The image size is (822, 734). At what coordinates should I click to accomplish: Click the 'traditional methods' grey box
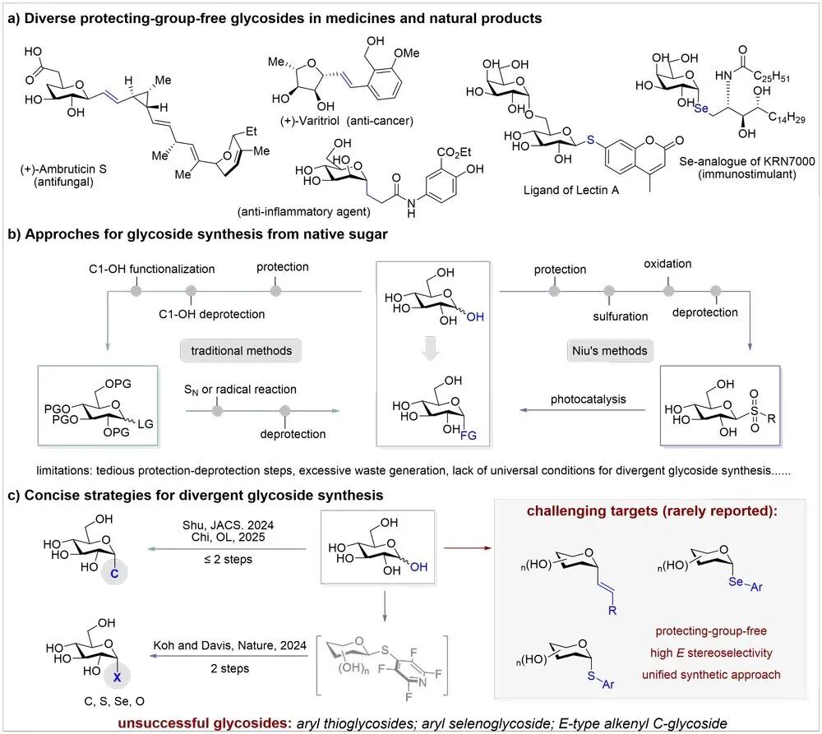[x=241, y=351]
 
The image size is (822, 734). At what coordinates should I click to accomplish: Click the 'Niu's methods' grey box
[x=610, y=351]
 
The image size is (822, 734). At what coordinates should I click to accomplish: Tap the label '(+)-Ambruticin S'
[x=63, y=169]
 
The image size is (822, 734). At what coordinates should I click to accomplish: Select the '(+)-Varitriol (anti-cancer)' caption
[x=347, y=121]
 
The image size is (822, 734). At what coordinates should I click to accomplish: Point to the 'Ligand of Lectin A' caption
[x=571, y=191]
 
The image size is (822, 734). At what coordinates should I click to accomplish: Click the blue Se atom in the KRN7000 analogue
[x=701, y=108]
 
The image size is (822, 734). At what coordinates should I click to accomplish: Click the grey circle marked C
[x=114, y=573]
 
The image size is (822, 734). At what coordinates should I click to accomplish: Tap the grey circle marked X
[x=117, y=676]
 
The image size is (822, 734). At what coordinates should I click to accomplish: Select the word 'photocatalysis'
[x=589, y=399]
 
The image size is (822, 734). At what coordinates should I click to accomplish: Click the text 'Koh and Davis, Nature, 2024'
[x=229, y=645]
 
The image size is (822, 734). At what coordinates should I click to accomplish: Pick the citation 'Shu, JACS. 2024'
[x=228, y=524]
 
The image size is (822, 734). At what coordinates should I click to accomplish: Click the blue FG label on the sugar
[x=469, y=435]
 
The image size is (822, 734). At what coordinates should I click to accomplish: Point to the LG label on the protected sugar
[x=145, y=423]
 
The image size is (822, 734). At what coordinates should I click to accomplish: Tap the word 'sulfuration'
[x=620, y=316]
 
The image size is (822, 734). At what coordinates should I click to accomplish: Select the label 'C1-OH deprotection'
[x=212, y=315]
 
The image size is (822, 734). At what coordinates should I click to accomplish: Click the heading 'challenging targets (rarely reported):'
[x=652, y=510]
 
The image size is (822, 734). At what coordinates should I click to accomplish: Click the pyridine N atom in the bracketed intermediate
[x=423, y=682]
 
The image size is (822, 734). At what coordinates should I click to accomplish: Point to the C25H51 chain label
[x=771, y=76]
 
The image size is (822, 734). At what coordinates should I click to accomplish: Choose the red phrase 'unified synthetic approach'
[x=711, y=675]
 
